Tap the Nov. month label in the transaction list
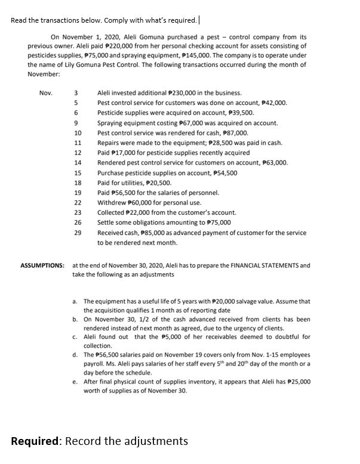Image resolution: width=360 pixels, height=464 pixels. pyautogui.click(x=45, y=93)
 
